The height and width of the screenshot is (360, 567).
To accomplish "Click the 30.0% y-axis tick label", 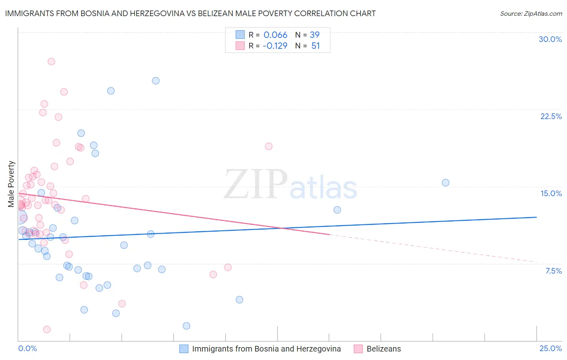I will click(550, 39).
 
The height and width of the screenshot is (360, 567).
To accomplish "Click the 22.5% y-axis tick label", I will click(551, 116).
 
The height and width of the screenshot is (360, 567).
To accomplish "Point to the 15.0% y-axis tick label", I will click(551, 193).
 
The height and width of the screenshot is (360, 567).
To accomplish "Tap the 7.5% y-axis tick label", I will click(553, 271).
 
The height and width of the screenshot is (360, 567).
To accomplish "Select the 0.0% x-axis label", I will click(27, 348).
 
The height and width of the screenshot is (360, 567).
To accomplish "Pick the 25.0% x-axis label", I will click(550, 348).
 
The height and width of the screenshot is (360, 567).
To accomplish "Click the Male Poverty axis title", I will click(11, 184).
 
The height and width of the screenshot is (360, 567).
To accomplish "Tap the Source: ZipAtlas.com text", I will click(531, 13).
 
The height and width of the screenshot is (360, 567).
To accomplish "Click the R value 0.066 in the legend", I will click(275, 35).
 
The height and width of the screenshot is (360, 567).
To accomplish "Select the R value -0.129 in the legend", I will click(275, 46).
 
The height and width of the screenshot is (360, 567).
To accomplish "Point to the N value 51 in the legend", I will click(315, 46).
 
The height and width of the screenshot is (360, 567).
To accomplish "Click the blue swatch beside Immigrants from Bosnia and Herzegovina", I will click(184, 349).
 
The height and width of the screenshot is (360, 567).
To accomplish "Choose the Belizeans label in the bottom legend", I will click(384, 349).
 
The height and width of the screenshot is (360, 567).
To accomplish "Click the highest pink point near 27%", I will click(51, 62).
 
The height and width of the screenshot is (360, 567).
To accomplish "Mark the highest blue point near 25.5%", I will click(156, 81).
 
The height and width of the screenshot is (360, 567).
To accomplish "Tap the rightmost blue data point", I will click(446, 182).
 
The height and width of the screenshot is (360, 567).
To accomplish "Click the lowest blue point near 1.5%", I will click(186, 326).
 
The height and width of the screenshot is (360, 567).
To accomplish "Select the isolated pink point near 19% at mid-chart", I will click(269, 146).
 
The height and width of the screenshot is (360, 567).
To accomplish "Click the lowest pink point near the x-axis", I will click(47, 329).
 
